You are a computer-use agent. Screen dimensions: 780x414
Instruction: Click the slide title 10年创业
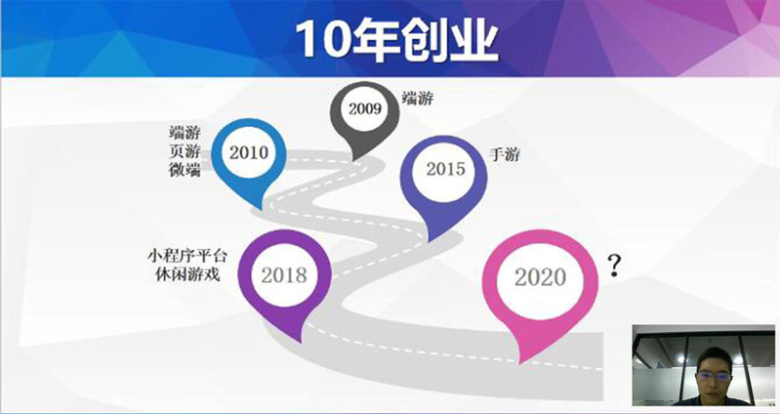coord(396,41)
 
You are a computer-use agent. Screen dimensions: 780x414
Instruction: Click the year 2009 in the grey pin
coord(365,109)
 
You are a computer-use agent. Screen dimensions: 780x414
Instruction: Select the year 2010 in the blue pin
coord(249,152)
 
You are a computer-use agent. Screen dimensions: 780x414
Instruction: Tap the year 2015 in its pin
coord(445,169)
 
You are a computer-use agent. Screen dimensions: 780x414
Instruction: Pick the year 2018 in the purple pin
coord(284,275)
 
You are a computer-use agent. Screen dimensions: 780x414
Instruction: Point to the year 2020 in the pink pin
coord(540,277)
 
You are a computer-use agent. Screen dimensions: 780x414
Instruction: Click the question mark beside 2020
coord(615,267)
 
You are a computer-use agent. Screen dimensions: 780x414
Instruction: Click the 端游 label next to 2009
coord(418,99)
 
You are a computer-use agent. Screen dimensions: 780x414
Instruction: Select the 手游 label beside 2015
coord(505,154)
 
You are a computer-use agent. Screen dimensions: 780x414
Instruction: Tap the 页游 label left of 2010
coord(185,151)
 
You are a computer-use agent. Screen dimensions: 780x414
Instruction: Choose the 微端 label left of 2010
coord(185,170)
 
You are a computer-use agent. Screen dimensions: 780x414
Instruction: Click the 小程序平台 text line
coord(187,257)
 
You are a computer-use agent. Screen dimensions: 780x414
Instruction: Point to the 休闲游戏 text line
coord(188,274)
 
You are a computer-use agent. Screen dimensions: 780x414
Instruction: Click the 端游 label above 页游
coord(185,134)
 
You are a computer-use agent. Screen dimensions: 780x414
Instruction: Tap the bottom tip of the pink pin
coord(521,364)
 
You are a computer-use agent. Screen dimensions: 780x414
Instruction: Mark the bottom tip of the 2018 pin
coord(300,342)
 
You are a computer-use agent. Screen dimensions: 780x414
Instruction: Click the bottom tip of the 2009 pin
coord(354,160)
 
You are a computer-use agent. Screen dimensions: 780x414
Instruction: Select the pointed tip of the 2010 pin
coord(261,209)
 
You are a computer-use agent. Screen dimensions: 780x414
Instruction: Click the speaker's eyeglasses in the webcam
coord(713,376)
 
